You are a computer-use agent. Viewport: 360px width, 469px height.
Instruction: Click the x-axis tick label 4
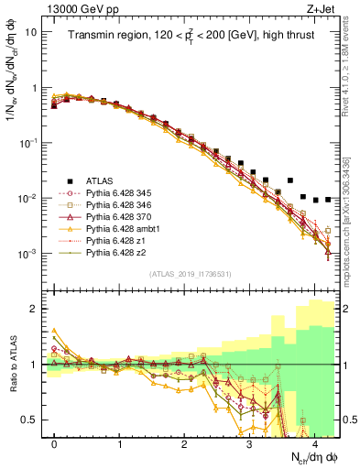tap(314, 443)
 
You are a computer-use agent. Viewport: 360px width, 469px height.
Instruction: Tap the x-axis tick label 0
tap(54, 443)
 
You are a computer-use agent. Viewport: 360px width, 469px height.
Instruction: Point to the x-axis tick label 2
tap(184, 443)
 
